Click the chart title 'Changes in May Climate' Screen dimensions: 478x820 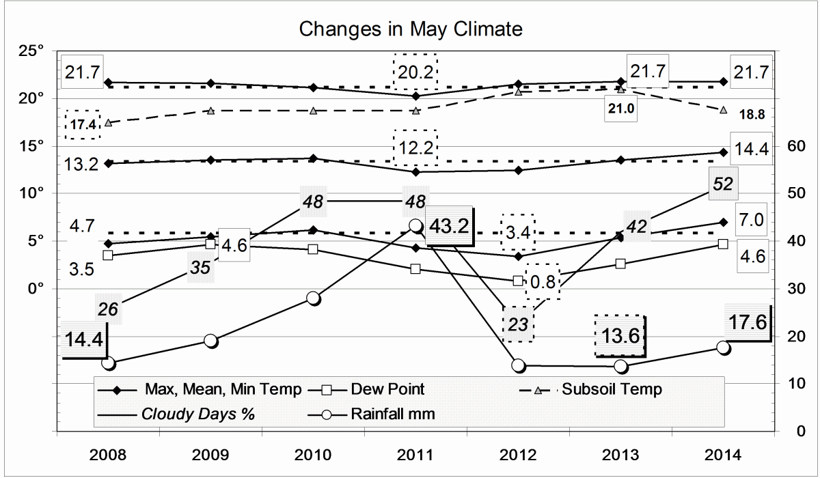[x=411, y=29]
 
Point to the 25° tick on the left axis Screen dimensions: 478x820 [x=32, y=51]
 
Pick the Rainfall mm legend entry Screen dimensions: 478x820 [x=393, y=414]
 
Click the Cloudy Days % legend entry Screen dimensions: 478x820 [x=197, y=414]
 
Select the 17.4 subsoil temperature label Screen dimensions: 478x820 [x=83, y=125]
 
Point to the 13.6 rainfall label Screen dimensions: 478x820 [x=619, y=336]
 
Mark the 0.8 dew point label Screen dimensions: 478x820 [x=543, y=281]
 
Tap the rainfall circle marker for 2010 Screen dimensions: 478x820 [x=313, y=298]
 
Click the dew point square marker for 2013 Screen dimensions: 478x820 [x=620, y=264]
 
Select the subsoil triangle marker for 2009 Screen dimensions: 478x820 [x=211, y=111]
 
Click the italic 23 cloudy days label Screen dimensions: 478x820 [x=519, y=324]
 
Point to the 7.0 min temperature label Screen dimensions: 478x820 [x=754, y=220]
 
